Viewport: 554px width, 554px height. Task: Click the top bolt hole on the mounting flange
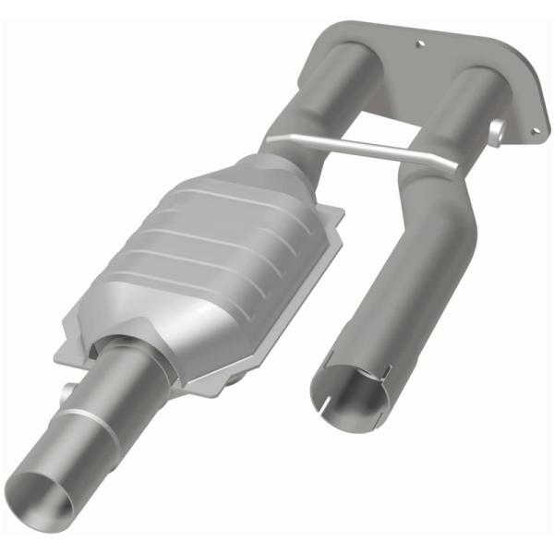[421, 42]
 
